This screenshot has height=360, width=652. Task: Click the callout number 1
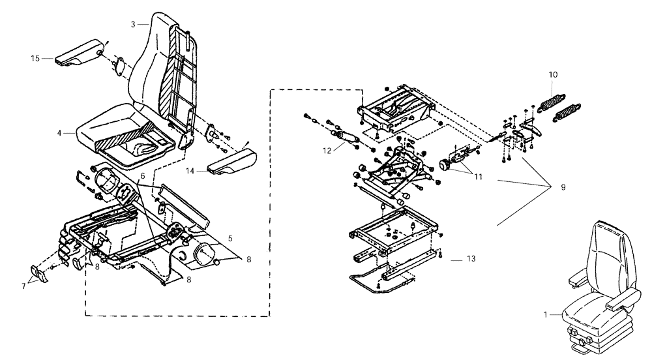(x=546, y=314)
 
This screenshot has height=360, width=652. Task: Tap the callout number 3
(x=133, y=24)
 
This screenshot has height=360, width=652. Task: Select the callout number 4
(x=59, y=133)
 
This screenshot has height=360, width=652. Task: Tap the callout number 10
(x=553, y=74)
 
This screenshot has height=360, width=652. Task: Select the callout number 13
(x=471, y=259)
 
